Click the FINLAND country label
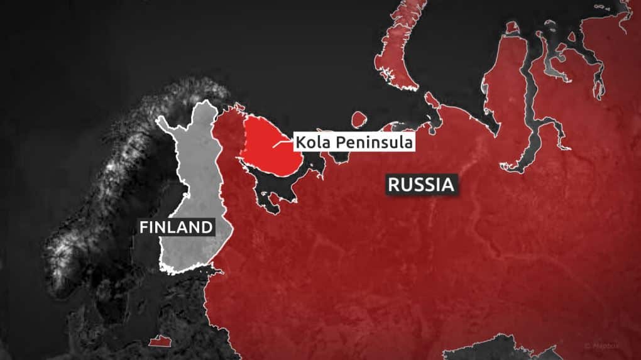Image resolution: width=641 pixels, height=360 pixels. [x=177, y=226]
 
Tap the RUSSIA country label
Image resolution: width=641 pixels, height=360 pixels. [x=420, y=185]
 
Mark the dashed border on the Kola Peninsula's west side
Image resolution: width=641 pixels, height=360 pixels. [x=244, y=145]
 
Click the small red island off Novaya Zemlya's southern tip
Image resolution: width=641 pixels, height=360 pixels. [x=432, y=99]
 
